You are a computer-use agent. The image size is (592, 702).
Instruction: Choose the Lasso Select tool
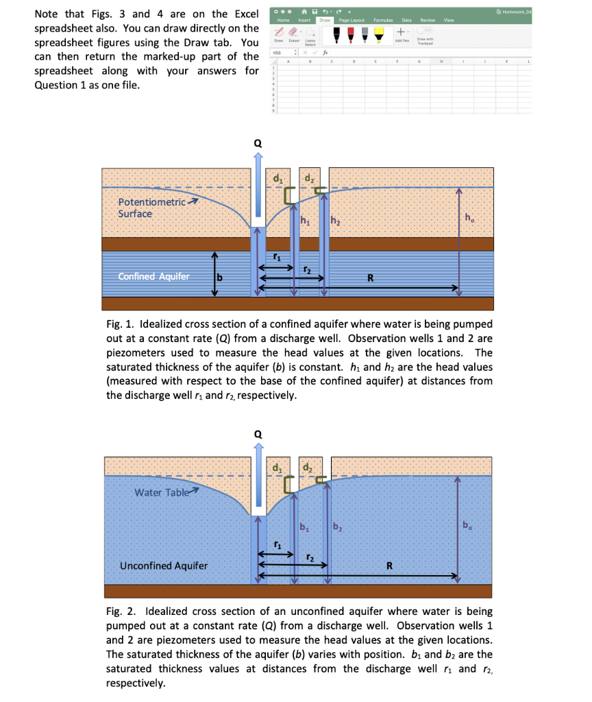coord(310,36)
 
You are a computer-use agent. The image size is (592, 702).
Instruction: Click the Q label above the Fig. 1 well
coord(258,143)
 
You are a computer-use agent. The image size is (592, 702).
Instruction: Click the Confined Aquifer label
coord(154,277)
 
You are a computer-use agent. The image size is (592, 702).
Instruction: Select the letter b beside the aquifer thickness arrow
coord(221,277)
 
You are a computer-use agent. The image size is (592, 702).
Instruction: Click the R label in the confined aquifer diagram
coord(371,278)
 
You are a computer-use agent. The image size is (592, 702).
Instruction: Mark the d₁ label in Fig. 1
coord(277,180)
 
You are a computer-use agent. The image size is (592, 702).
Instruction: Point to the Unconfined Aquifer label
coord(164,566)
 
